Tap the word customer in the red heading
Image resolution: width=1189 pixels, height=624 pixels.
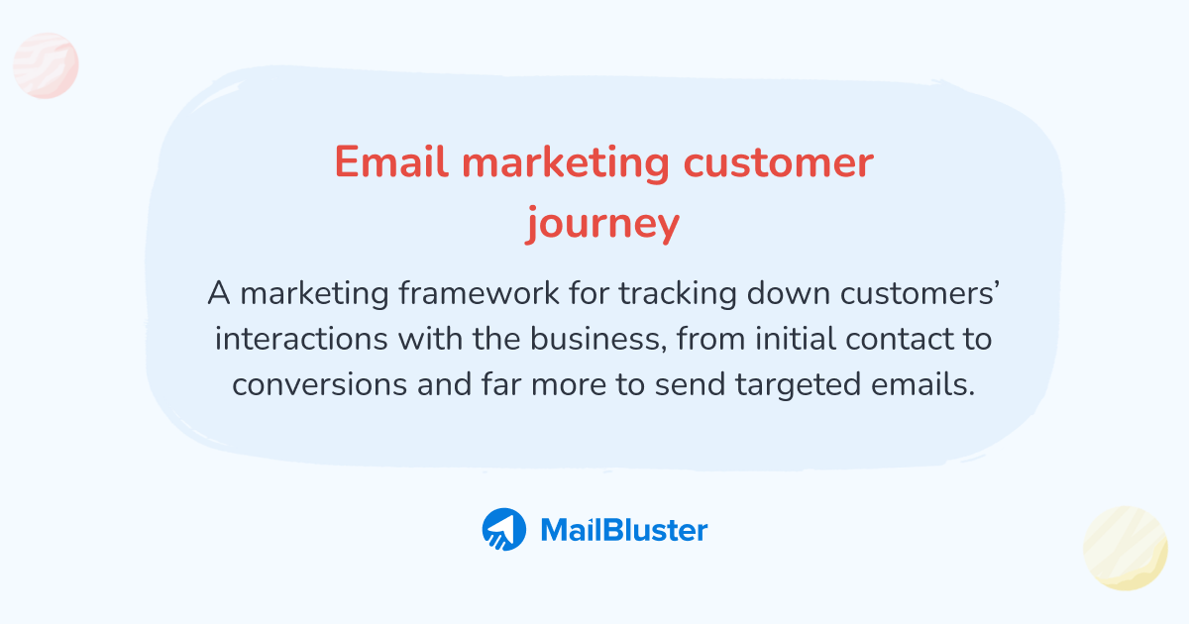tap(778, 162)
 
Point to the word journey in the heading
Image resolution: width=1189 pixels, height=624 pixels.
tap(602, 224)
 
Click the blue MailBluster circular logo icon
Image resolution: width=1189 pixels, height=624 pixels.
tap(503, 530)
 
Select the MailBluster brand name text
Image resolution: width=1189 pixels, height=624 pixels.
tap(624, 530)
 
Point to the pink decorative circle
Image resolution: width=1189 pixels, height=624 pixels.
tap(46, 65)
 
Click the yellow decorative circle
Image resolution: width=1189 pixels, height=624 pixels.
tap(1126, 548)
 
